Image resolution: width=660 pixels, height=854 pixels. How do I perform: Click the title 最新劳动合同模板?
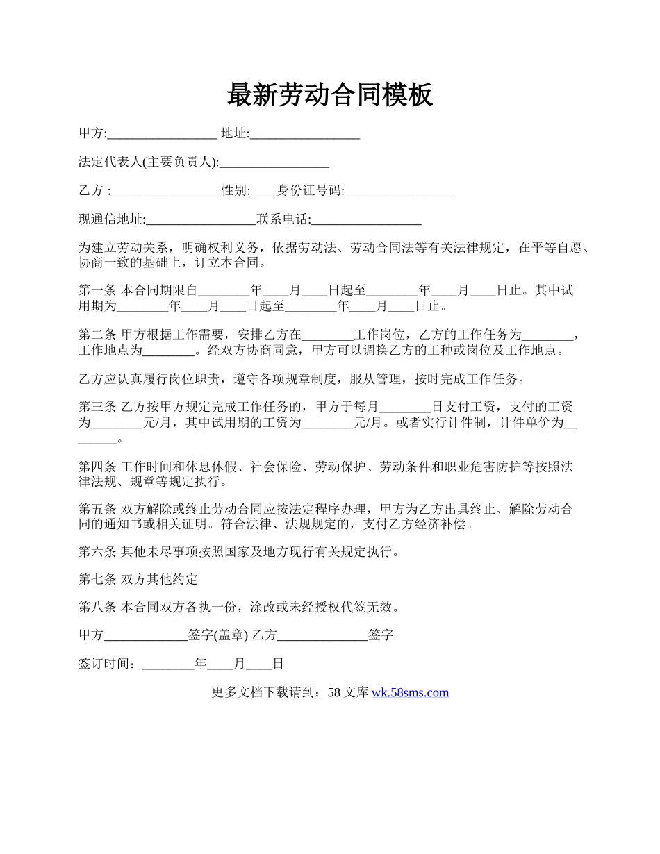(330, 95)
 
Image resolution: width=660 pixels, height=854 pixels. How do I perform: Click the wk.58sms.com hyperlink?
(410, 692)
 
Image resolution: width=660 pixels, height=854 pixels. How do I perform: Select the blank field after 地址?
(304, 134)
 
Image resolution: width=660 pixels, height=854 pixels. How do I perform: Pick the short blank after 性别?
(264, 191)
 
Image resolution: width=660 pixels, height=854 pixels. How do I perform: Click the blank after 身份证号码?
(399, 191)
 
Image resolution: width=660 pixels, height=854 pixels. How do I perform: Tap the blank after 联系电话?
(366, 219)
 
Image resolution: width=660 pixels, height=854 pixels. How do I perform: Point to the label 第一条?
(98, 290)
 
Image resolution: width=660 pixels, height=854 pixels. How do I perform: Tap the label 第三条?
(98, 407)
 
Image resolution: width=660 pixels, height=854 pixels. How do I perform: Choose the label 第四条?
(98, 466)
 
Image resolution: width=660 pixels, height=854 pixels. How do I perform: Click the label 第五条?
(98, 509)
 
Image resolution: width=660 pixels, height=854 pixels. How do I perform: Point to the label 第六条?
(98, 552)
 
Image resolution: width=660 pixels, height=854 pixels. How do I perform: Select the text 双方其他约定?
(160, 579)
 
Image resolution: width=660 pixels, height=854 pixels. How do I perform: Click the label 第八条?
(98, 607)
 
